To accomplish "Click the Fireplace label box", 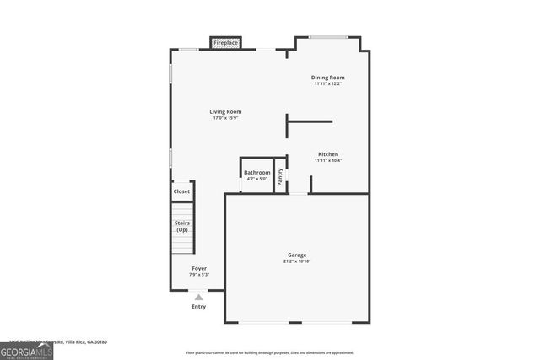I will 225,42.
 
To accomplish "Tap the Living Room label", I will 226,111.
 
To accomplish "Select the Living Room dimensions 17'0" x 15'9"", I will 226,118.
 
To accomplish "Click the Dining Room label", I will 329,78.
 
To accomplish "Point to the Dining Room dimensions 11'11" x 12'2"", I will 329,83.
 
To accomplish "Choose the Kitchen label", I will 328,154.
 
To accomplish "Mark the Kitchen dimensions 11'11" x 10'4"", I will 328,160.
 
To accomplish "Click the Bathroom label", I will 257,173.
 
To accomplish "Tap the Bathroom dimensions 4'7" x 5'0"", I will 257,179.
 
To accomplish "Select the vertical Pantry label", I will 281,176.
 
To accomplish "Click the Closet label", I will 182,191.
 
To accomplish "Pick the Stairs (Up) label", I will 182,227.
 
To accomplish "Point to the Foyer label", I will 199,268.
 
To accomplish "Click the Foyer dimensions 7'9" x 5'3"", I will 199,274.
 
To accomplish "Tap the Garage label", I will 297,255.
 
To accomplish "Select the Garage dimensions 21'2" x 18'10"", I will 297,261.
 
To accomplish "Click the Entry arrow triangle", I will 199,297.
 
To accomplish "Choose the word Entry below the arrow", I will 199,306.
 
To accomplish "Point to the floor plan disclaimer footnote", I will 269,352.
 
